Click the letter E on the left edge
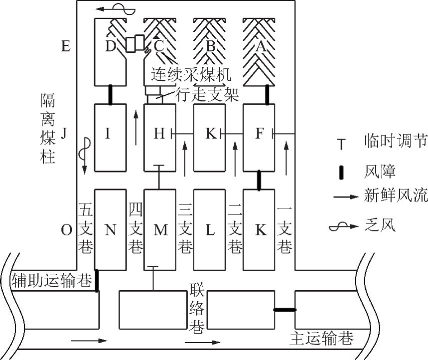coord(65,46)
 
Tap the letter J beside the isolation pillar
coord(64,134)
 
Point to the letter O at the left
coord(66,230)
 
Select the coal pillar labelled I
coord(110,138)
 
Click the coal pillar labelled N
coord(110,229)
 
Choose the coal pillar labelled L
coord(210,229)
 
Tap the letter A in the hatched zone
coord(260,46)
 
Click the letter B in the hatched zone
coord(210,46)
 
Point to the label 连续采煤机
coord(191,74)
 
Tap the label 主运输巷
coord(321,338)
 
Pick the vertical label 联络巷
coord(197,308)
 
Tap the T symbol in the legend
coord(341,144)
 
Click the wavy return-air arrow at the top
coord(116,9)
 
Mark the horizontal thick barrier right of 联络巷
coord(285,310)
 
